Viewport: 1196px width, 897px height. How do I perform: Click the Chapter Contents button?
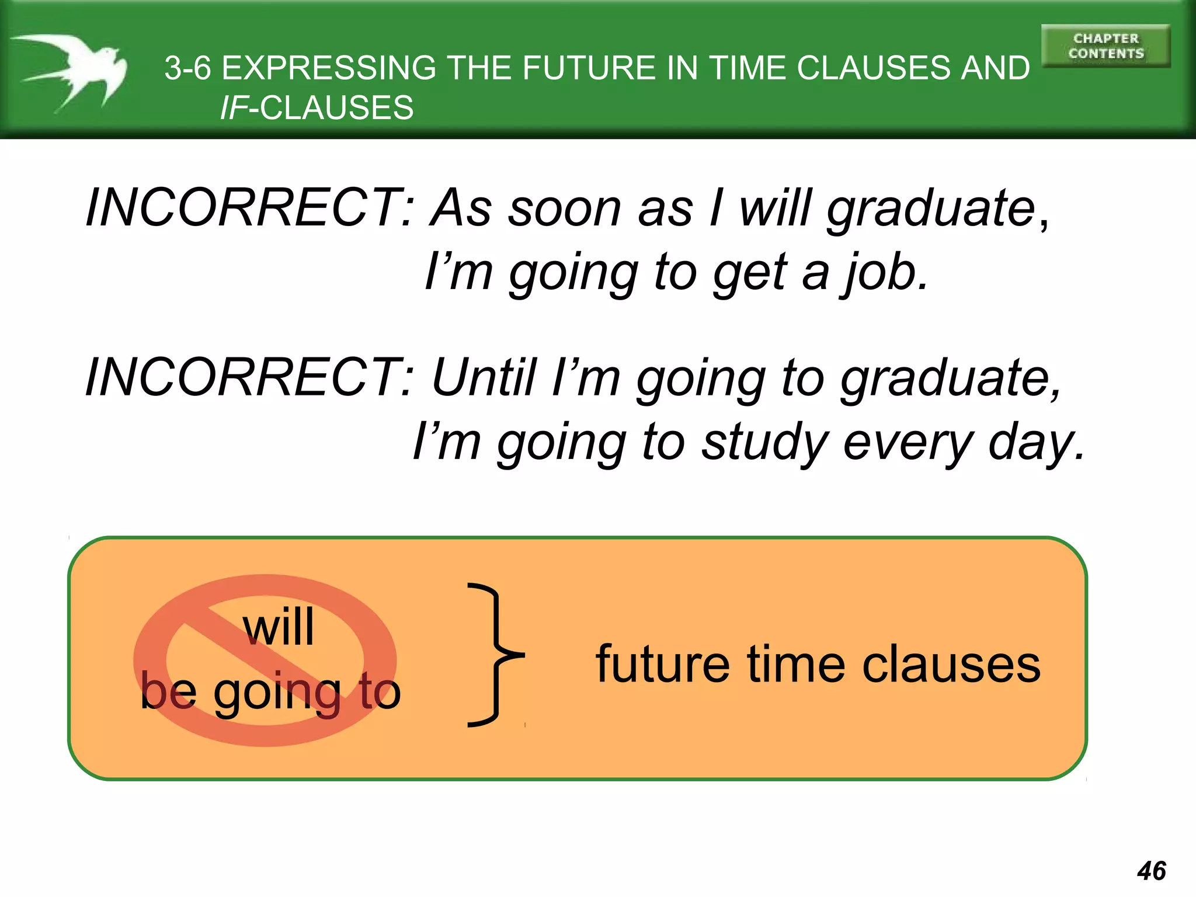[1105, 46]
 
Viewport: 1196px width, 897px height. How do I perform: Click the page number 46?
[1151, 871]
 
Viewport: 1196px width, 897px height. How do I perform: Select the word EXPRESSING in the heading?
[329, 68]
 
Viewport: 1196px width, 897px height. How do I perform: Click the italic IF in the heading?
[234, 108]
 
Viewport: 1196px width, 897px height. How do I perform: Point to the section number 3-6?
[187, 68]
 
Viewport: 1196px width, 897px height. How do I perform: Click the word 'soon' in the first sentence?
[564, 208]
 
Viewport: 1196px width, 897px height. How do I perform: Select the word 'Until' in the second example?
[484, 378]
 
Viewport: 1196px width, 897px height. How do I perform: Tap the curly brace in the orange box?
[494, 655]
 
